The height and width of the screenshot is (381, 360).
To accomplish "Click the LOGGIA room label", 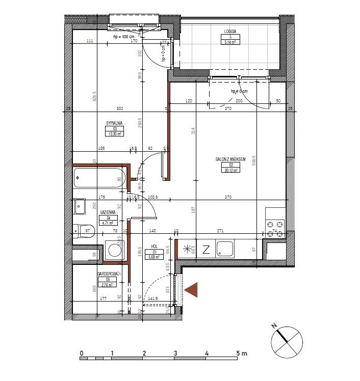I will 231,31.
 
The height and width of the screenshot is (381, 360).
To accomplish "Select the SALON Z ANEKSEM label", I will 230,159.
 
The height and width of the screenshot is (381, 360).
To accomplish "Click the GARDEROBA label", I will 108,274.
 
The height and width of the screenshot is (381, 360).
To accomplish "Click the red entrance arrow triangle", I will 191,290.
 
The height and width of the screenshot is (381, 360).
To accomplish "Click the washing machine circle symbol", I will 114,251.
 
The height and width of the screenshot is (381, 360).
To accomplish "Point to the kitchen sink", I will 225,249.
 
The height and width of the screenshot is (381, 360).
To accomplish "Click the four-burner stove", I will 275,229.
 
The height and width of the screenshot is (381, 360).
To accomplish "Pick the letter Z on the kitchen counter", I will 206,250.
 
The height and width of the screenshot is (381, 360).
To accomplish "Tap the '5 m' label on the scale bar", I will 242,353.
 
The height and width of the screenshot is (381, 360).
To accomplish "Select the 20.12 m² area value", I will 230,171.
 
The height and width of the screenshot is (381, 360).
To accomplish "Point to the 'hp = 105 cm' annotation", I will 123,37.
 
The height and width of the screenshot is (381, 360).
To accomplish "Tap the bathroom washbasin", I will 80,207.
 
